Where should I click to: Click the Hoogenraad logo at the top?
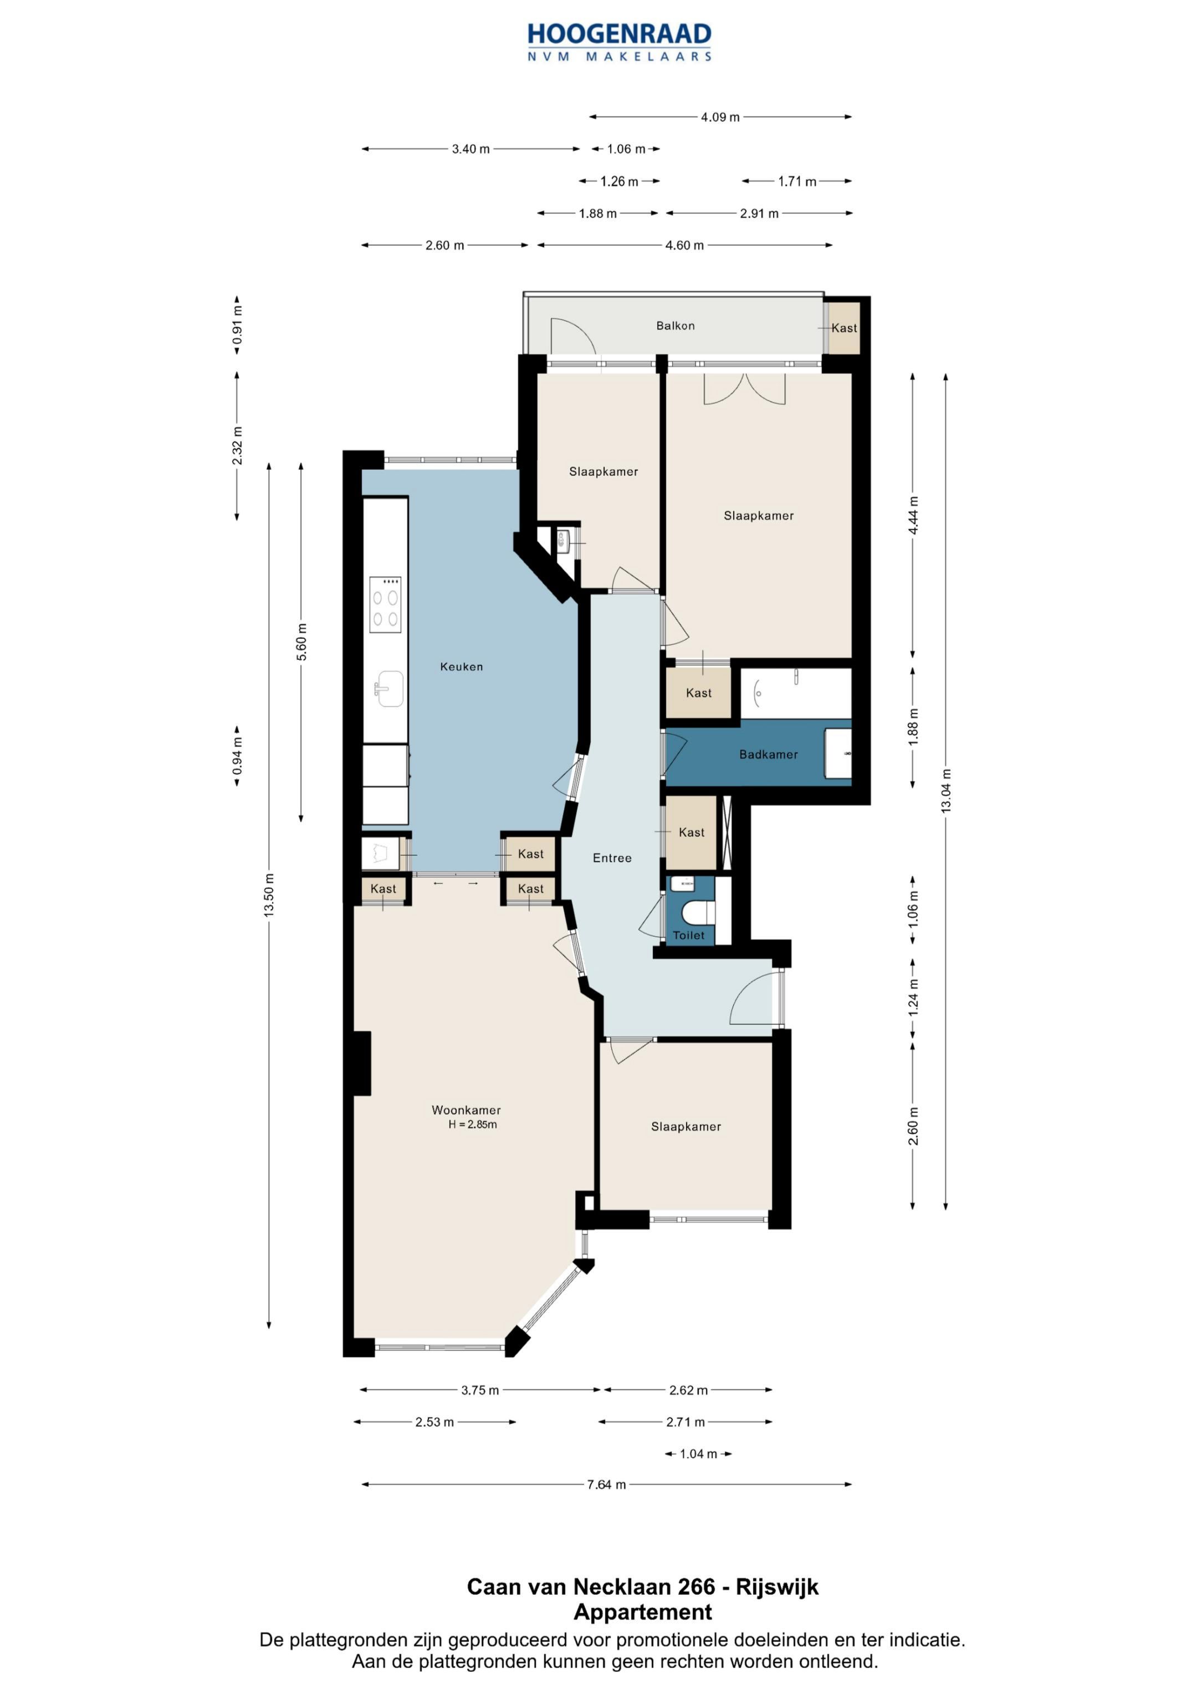pos(619,42)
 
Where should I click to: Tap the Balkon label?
pos(675,325)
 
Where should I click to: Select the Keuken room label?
pos(461,667)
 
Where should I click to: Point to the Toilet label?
pos(688,935)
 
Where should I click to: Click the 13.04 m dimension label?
pos(945,791)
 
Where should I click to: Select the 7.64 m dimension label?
pos(606,1484)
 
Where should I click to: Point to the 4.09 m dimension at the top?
pos(720,116)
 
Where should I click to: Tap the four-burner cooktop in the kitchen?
pos(385,604)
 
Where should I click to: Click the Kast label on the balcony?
pos(844,328)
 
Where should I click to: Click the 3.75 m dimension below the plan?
pos(480,1390)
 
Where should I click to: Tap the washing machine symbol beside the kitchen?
pos(381,853)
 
